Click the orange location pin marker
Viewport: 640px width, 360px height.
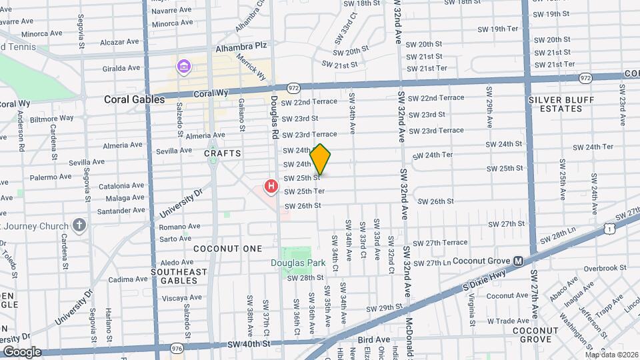[320, 159]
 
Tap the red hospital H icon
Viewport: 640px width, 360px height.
[271, 186]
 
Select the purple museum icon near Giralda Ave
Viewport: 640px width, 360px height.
[183, 67]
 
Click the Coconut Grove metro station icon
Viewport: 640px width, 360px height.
[518, 261]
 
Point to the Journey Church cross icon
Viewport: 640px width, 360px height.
[79, 225]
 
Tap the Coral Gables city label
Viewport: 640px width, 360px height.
[134, 99]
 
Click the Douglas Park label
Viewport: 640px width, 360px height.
[298, 263]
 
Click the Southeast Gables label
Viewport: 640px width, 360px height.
[179, 276]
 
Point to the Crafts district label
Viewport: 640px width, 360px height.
[222, 153]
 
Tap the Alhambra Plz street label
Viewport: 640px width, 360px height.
[241, 49]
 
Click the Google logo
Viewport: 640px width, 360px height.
[22, 351]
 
